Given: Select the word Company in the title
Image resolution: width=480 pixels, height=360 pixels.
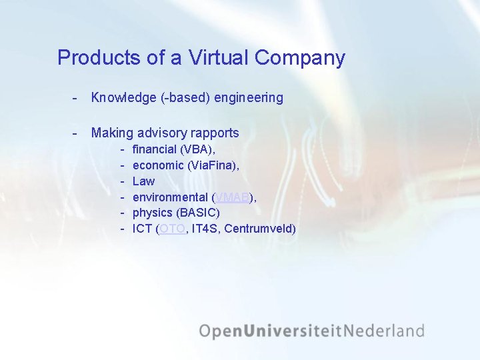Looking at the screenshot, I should tap(299, 58).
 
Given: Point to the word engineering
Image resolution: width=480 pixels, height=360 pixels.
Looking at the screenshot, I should tap(248, 98).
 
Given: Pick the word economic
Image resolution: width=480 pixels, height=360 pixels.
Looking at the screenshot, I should tap(159, 165).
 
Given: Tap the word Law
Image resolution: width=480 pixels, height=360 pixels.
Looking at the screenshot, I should tap(143, 181).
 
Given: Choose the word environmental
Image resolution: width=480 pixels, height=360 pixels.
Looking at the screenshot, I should tap(170, 197).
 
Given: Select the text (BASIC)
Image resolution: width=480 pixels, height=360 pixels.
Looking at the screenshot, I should tap(197, 213).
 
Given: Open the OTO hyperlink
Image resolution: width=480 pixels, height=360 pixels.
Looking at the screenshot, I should tap(173, 229).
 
